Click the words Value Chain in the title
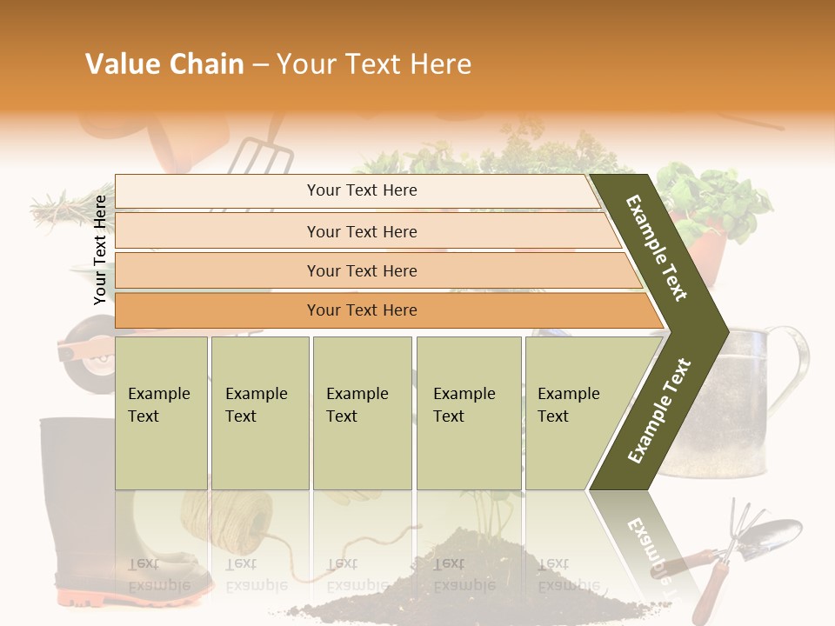(164, 64)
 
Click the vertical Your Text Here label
(100, 250)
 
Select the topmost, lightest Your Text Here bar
(361, 190)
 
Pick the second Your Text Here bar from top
(361, 231)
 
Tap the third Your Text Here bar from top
(361, 270)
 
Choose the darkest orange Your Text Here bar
(361, 310)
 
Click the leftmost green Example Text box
(161, 412)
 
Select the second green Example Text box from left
(259, 412)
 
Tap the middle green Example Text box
(362, 412)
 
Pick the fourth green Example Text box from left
(469, 412)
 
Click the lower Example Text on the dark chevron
(660, 410)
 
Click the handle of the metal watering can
(794, 365)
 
